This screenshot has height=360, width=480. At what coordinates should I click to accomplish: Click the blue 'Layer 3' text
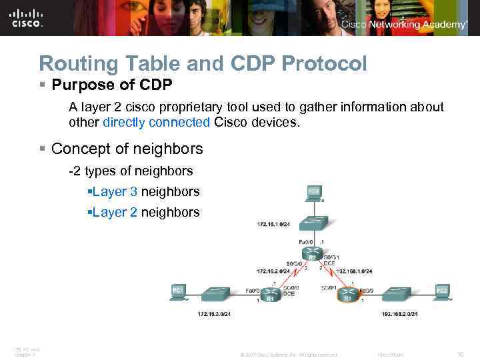pos(115,192)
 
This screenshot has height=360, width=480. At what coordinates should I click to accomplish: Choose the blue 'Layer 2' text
pos(115,213)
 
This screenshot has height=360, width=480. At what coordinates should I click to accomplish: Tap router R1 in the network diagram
pos(270,296)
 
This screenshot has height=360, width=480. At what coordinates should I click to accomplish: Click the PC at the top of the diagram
pos(313,193)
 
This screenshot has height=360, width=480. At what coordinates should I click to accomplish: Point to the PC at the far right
pos(441,292)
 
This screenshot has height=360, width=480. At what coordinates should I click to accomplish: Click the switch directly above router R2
pos(311,223)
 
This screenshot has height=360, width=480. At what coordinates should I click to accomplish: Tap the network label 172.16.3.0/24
pos(215,313)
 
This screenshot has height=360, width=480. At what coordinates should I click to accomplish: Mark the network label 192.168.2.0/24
pos(400,313)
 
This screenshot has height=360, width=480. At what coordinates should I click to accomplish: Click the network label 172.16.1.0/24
pos(273,224)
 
